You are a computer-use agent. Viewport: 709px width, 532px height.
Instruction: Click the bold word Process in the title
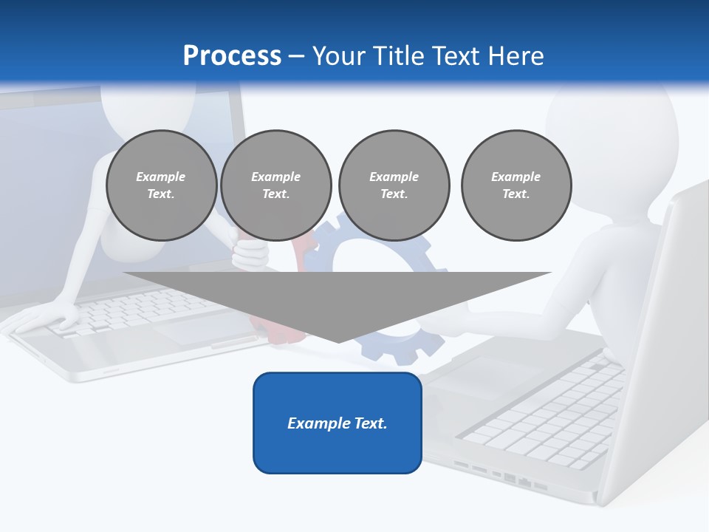click(x=232, y=56)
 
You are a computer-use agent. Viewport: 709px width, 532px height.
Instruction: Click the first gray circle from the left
click(x=161, y=185)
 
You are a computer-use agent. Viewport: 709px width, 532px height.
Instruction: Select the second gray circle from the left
click(x=275, y=185)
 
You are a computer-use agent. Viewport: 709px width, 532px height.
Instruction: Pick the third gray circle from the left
click(x=394, y=185)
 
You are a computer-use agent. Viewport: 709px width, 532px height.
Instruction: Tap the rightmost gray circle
click(x=516, y=185)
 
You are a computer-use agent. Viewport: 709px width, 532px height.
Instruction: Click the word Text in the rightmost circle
click(x=516, y=194)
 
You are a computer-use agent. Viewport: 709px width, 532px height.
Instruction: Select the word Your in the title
click(x=337, y=56)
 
